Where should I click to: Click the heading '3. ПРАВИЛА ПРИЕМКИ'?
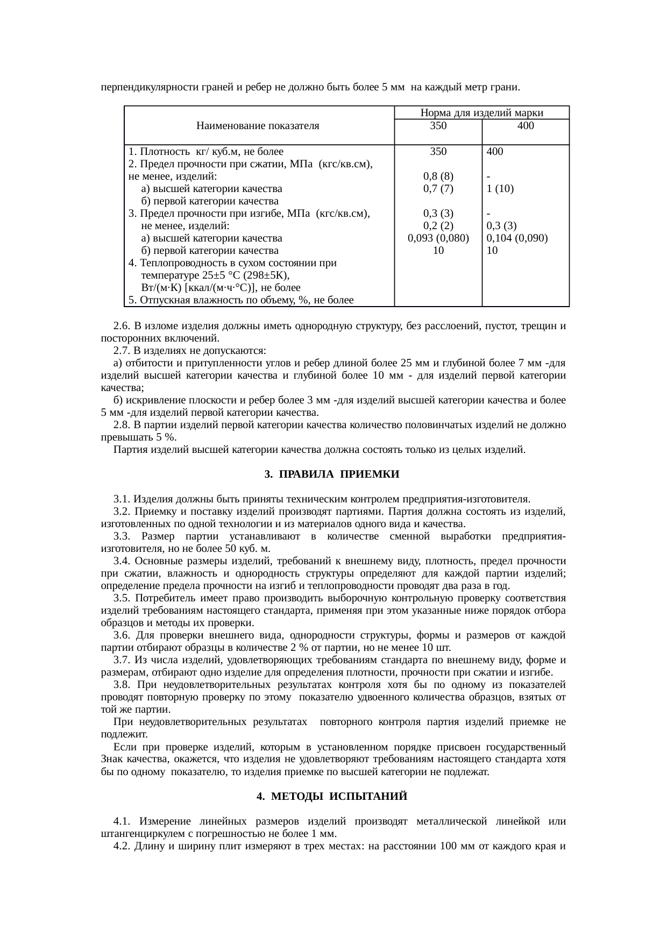point(332,474)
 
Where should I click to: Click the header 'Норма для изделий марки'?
point(481,113)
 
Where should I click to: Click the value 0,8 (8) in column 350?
point(438,176)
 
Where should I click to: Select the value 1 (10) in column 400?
point(500,189)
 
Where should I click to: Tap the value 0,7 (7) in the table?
point(438,189)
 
